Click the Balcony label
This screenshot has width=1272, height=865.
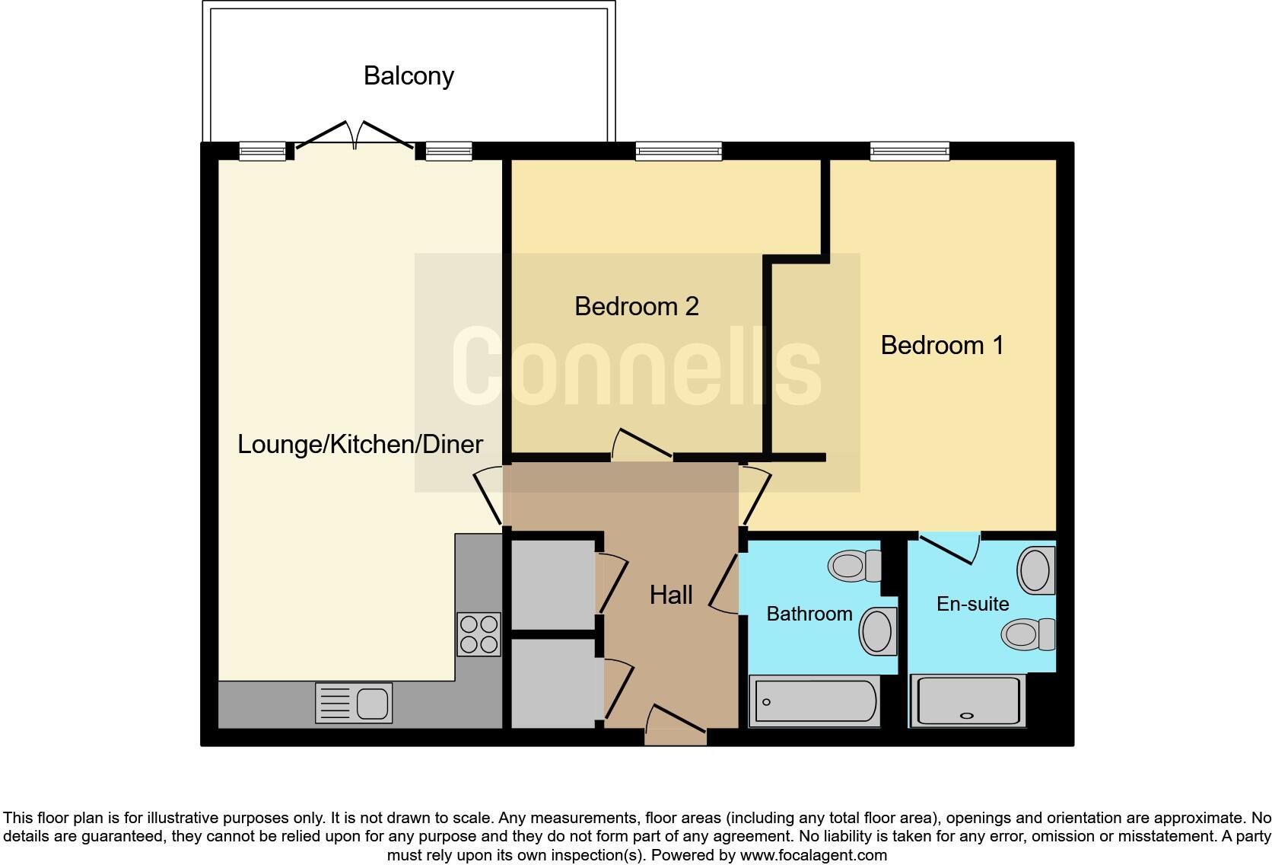point(409,76)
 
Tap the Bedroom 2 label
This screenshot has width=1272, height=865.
point(636,306)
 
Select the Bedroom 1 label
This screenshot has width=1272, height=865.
point(942,345)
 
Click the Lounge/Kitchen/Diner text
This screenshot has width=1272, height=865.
point(360,444)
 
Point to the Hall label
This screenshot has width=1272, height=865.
point(670,595)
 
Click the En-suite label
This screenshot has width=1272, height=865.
point(972,604)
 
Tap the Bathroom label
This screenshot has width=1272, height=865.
point(809,614)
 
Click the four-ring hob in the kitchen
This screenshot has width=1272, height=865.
point(479,634)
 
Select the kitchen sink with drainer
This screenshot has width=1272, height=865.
point(354,702)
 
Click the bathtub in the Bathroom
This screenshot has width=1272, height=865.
point(814,701)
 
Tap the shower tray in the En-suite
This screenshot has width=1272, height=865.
point(968,701)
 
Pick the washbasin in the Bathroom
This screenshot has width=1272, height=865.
point(877,631)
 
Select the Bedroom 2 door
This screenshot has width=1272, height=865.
point(641,446)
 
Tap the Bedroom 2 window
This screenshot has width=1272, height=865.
point(679,152)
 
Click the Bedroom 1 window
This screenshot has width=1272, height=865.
point(910,152)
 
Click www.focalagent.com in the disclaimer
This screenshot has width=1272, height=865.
point(813,855)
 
